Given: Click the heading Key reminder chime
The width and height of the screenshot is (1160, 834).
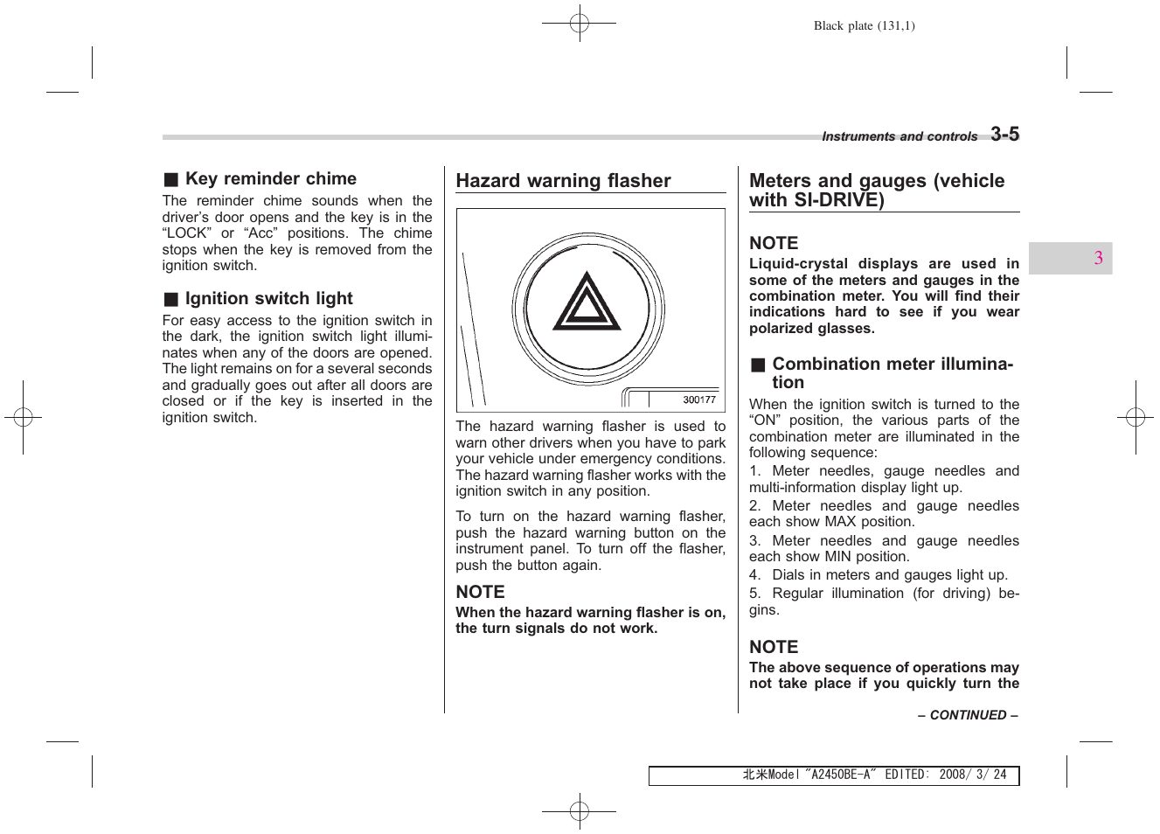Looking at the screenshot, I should tap(270, 179).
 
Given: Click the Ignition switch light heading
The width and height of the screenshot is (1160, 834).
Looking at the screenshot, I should tap(268, 299).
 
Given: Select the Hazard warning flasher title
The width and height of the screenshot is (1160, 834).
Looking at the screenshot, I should tap(563, 181).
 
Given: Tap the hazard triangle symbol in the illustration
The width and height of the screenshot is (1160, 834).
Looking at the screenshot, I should tap(587, 303).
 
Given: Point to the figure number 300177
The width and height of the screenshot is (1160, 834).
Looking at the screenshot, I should tap(698, 400).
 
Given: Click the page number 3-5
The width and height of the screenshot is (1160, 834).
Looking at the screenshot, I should tap(1004, 134).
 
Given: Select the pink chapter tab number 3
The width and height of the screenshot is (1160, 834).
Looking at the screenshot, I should tap(1098, 258).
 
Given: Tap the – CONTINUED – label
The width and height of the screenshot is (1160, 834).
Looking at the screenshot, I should tap(968, 715).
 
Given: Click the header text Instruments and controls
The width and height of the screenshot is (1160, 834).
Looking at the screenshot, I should tap(899, 136).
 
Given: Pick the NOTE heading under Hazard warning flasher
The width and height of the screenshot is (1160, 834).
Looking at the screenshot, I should tap(480, 592).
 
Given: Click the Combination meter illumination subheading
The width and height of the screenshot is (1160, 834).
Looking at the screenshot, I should tap(892, 372).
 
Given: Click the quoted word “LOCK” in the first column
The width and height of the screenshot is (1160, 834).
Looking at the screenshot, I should tap(185, 233).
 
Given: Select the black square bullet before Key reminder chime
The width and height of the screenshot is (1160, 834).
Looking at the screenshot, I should tap(171, 180).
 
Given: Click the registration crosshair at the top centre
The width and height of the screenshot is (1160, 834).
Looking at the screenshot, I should tap(579, 24).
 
